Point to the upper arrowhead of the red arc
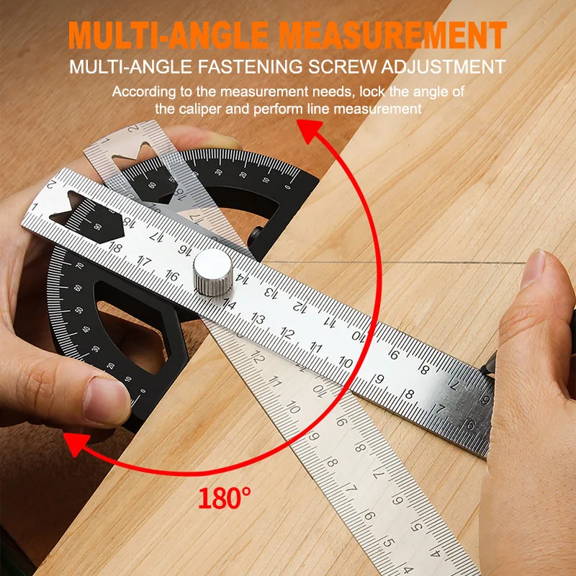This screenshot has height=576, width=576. click(x=310, y=130)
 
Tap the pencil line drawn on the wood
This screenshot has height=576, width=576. click(x=403, y=263)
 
